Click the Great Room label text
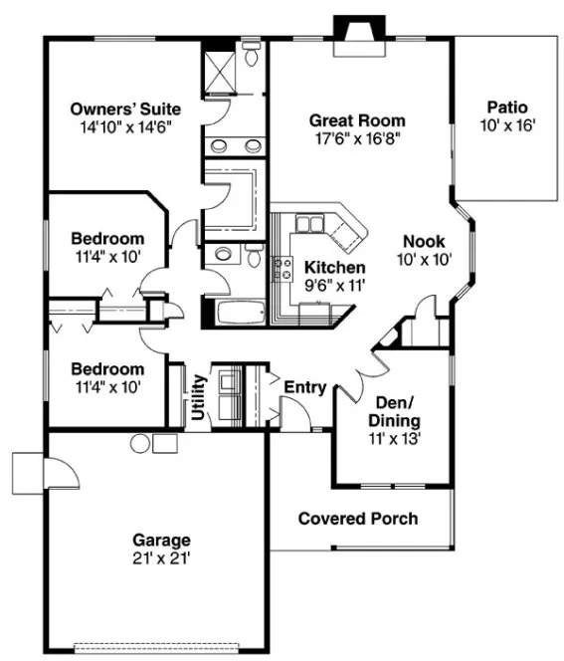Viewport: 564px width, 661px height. tap(357, 120)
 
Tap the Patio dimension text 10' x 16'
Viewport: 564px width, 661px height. tap(507, 126)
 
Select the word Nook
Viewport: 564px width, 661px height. tap(424, 241)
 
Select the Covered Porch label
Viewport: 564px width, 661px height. tap(358, 519)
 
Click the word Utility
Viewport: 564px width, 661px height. tap(198, 396)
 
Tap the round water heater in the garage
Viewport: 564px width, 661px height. tap(138, 444)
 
